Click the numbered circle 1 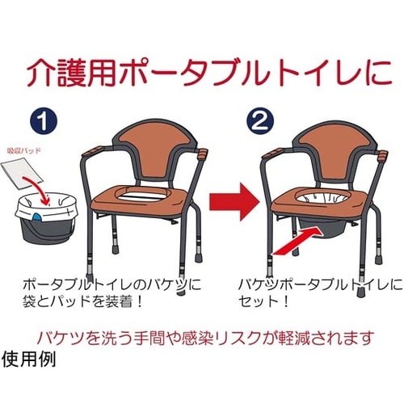click(44, 122)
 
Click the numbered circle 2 click(260, 122)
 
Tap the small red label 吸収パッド click(23, 150)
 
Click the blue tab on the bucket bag click(37, 216)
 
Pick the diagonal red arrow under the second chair click(297, 240)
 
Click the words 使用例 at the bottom click(28, 359)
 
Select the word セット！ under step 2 click(263, 301)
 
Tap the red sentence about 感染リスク click(205, 337)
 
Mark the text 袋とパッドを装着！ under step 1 click(82, 301)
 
